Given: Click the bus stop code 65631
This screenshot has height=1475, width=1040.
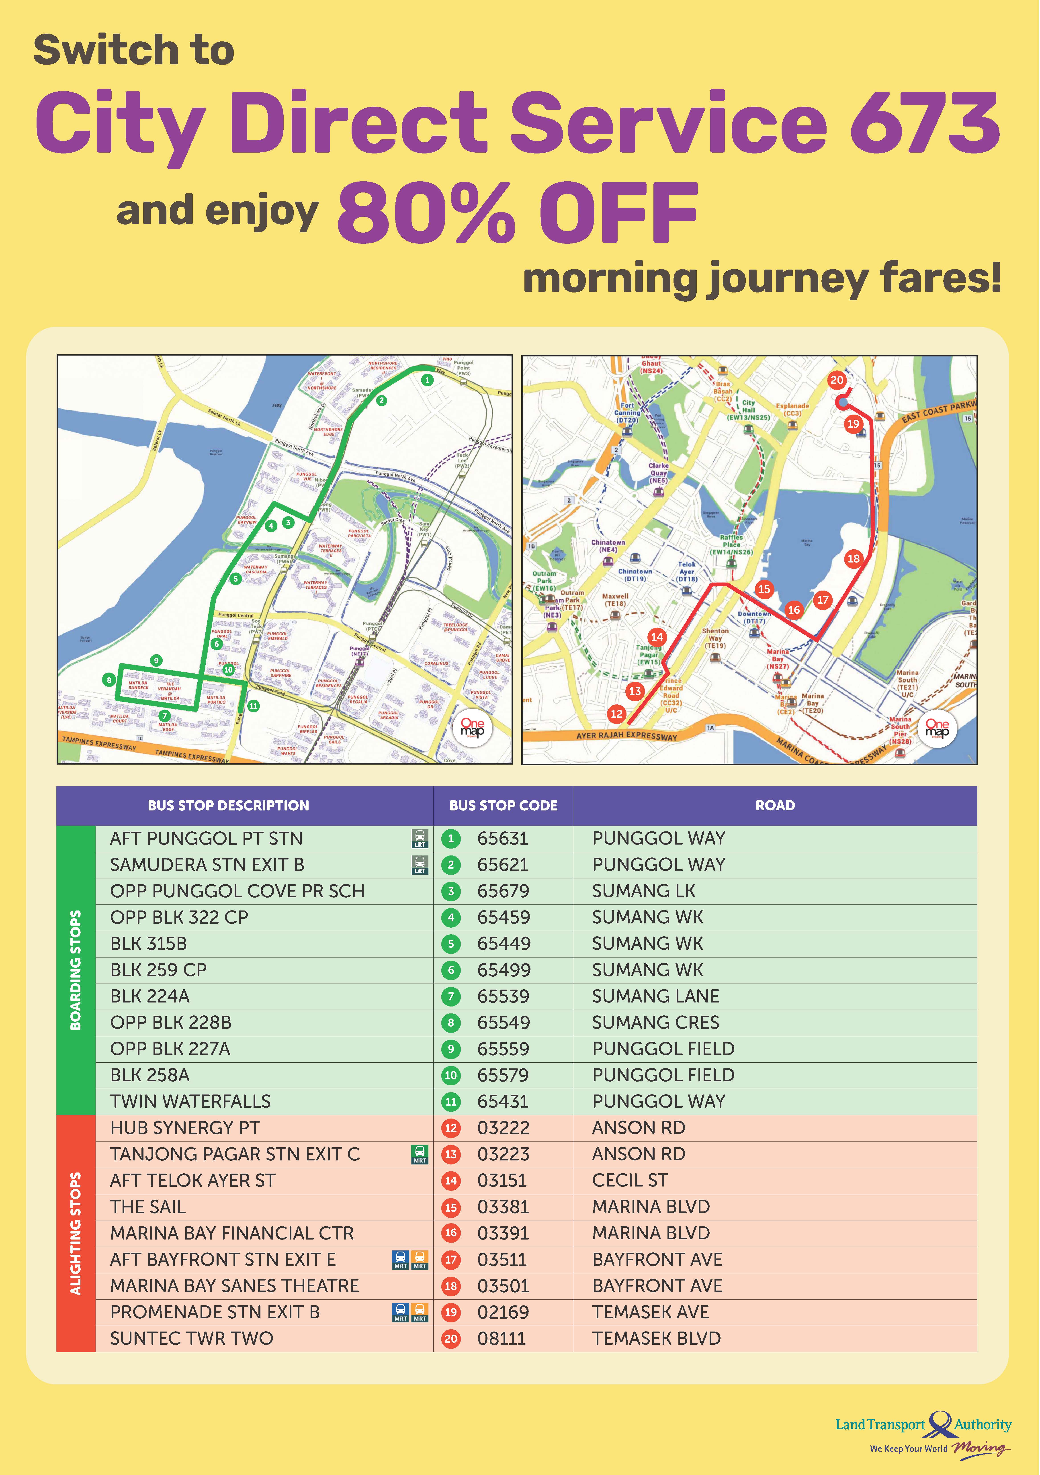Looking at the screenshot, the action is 502,838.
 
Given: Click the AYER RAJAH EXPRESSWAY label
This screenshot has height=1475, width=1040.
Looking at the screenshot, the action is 626,736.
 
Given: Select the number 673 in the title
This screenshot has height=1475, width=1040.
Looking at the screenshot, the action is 925,122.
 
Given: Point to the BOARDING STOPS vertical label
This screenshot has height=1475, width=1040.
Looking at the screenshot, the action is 76,970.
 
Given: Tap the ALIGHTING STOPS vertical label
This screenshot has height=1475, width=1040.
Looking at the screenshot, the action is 76,1234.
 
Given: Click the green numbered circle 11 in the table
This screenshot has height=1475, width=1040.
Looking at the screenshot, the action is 451,1102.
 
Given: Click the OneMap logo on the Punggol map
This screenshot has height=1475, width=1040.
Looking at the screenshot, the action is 472,728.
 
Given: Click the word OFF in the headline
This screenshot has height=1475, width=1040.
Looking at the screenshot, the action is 618,212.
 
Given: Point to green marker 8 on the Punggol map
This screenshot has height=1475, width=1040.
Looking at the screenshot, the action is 109,680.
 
